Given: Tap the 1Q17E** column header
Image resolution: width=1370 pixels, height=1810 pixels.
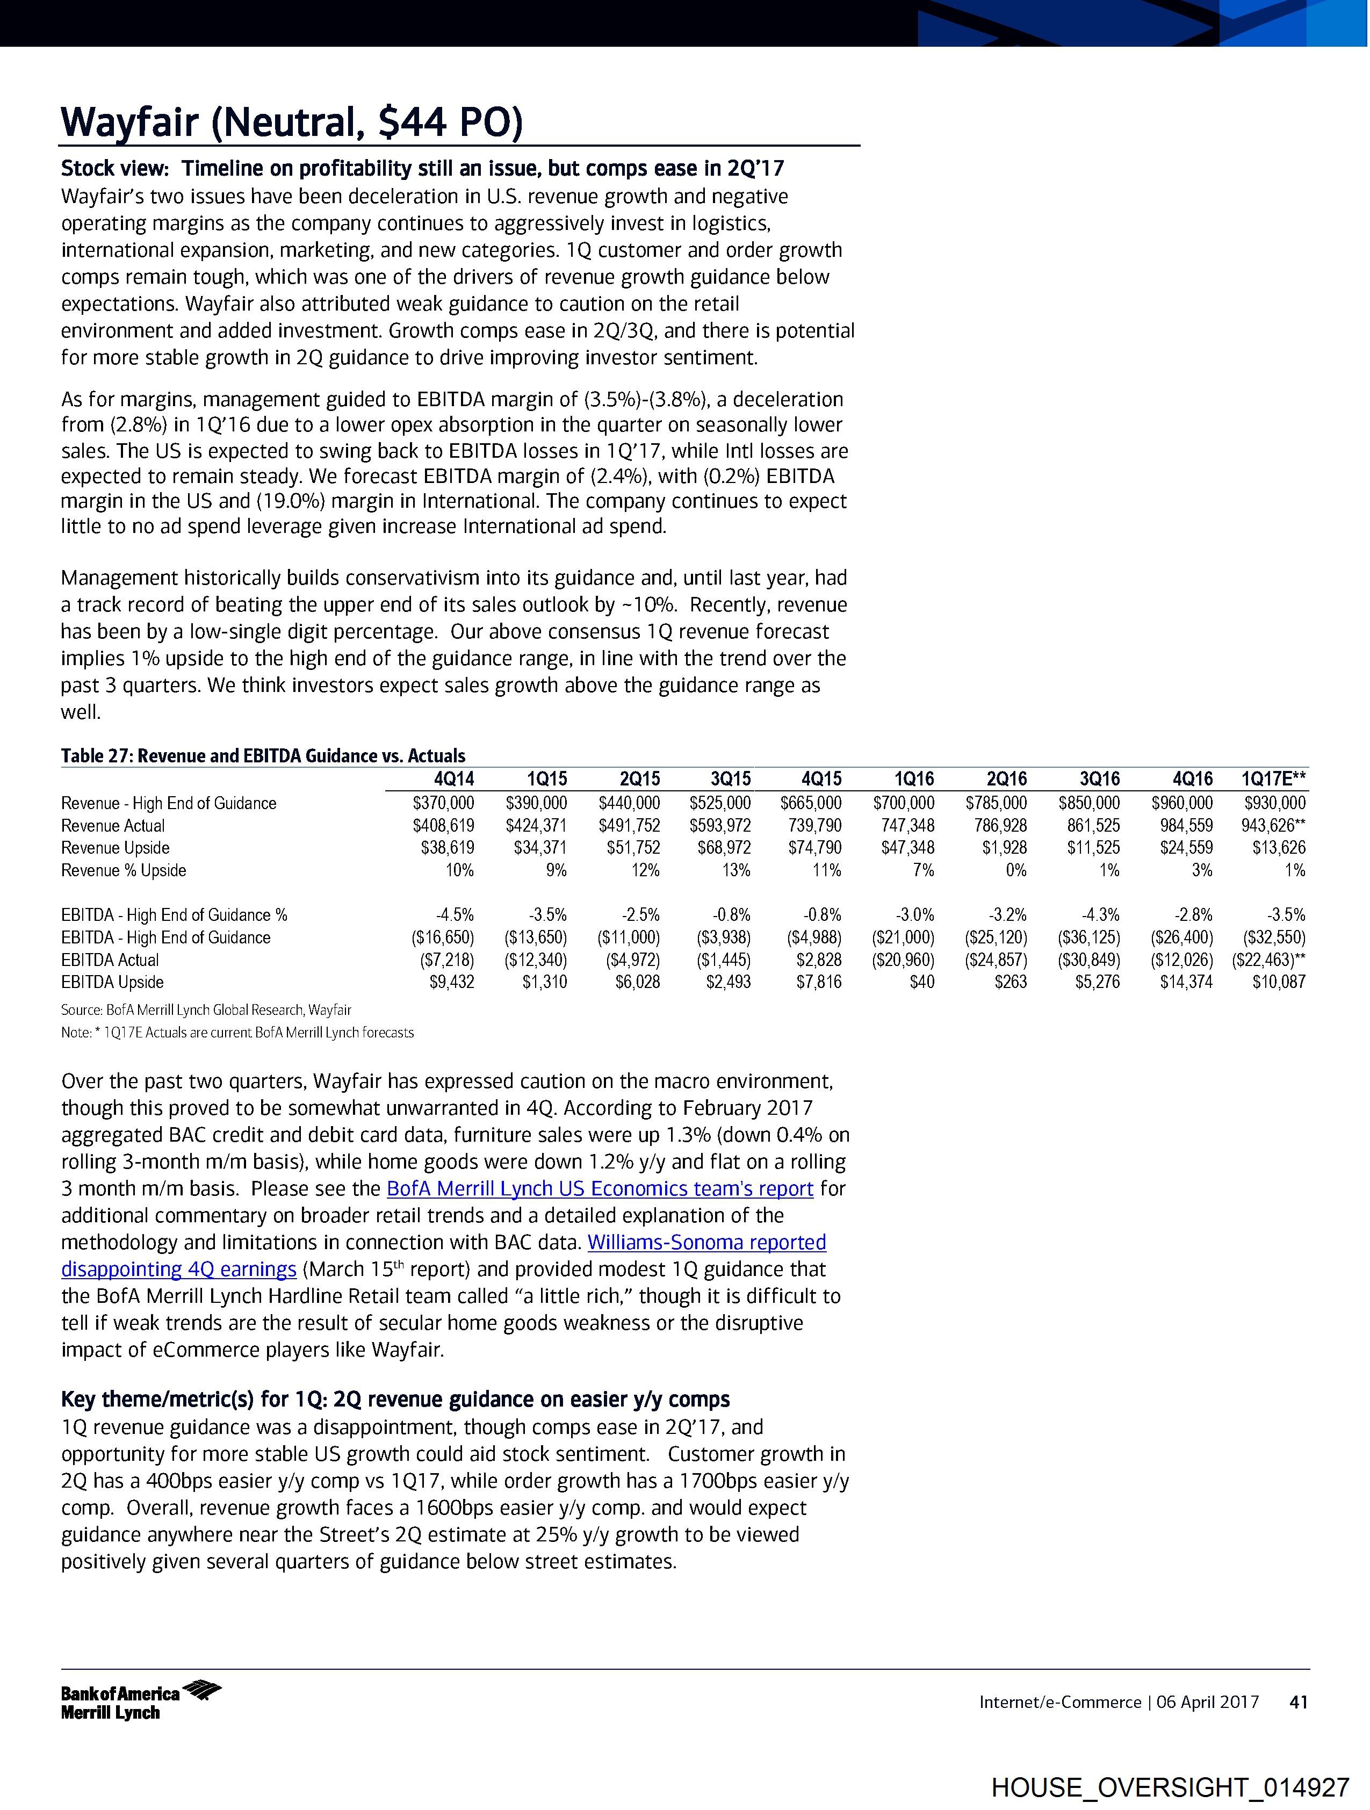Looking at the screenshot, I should pos(1273,779).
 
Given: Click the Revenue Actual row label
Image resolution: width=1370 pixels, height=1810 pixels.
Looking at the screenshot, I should pos(113,826).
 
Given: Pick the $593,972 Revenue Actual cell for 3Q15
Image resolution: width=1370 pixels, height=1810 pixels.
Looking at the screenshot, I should pos(720,826).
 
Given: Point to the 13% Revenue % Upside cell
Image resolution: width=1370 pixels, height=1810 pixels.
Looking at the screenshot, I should pos(737,871).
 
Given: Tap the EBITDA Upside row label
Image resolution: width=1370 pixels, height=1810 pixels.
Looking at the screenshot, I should pos(112,982).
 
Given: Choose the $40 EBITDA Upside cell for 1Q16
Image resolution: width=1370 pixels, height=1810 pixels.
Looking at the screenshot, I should pos(922,982).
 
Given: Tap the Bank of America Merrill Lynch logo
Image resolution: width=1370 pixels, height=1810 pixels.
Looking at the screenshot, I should pos(141,1702).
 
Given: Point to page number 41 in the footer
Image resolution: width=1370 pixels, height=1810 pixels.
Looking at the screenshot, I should pos(1299,1702).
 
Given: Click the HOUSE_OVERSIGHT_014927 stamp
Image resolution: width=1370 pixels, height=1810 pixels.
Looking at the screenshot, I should pos(1170,1786).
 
